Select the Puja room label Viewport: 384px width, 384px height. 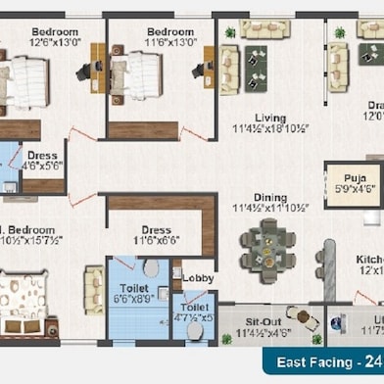354,177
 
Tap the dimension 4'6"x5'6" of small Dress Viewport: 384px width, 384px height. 42,166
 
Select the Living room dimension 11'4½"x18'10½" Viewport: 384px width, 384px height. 270,129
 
